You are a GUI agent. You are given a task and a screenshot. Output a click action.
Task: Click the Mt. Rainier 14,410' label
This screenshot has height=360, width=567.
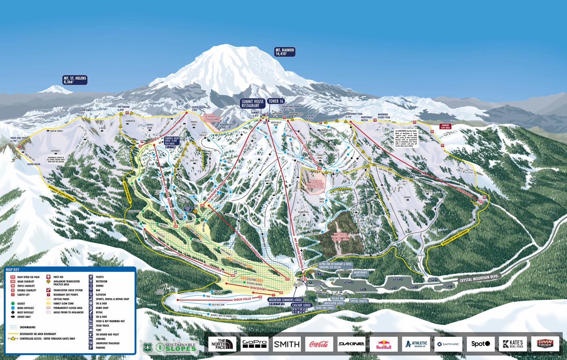point(285,51)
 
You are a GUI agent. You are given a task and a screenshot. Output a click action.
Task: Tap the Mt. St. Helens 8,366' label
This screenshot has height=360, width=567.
point(75,80)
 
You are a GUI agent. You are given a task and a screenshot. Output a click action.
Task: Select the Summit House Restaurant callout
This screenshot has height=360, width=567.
point(252,103)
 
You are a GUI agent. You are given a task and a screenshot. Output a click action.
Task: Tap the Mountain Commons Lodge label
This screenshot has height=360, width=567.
point(285,300)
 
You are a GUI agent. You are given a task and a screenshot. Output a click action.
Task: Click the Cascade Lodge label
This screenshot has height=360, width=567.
point(301,305)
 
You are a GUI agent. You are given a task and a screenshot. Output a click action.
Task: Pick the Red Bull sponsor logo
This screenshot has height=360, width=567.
point(383,344)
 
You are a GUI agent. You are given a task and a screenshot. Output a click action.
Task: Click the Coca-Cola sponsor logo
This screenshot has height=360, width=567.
point(319,344)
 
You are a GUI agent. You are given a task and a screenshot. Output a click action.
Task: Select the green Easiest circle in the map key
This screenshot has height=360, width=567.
point(13,303)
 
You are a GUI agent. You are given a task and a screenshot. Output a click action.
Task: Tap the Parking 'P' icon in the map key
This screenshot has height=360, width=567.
point(91,347)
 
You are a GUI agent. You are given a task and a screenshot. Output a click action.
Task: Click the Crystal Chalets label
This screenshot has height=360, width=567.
point(358,301)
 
